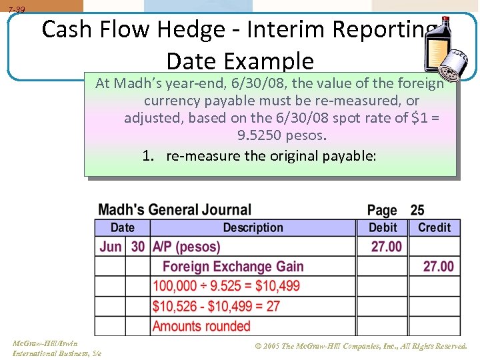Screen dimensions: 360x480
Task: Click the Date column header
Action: pos(122,227)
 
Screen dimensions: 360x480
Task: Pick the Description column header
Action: pos(253,227)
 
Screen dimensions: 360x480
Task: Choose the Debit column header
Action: pos(383,227)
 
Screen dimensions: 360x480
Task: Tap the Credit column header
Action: pos(434,227)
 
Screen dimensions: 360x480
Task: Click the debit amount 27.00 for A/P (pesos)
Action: pos(387,247)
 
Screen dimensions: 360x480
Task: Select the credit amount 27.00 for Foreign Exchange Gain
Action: pos(438,267)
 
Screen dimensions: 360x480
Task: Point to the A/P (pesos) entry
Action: pos(186,247)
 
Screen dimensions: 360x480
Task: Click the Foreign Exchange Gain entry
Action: pos(233,267)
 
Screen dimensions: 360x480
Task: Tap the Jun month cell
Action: pos(110,247)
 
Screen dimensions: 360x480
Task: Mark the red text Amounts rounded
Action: pos(201,326)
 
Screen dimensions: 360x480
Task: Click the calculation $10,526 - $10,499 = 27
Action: pos(217,306)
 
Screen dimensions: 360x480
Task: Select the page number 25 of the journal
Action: pos(417,211)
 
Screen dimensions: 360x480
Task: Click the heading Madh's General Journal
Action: pos(175,210)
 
